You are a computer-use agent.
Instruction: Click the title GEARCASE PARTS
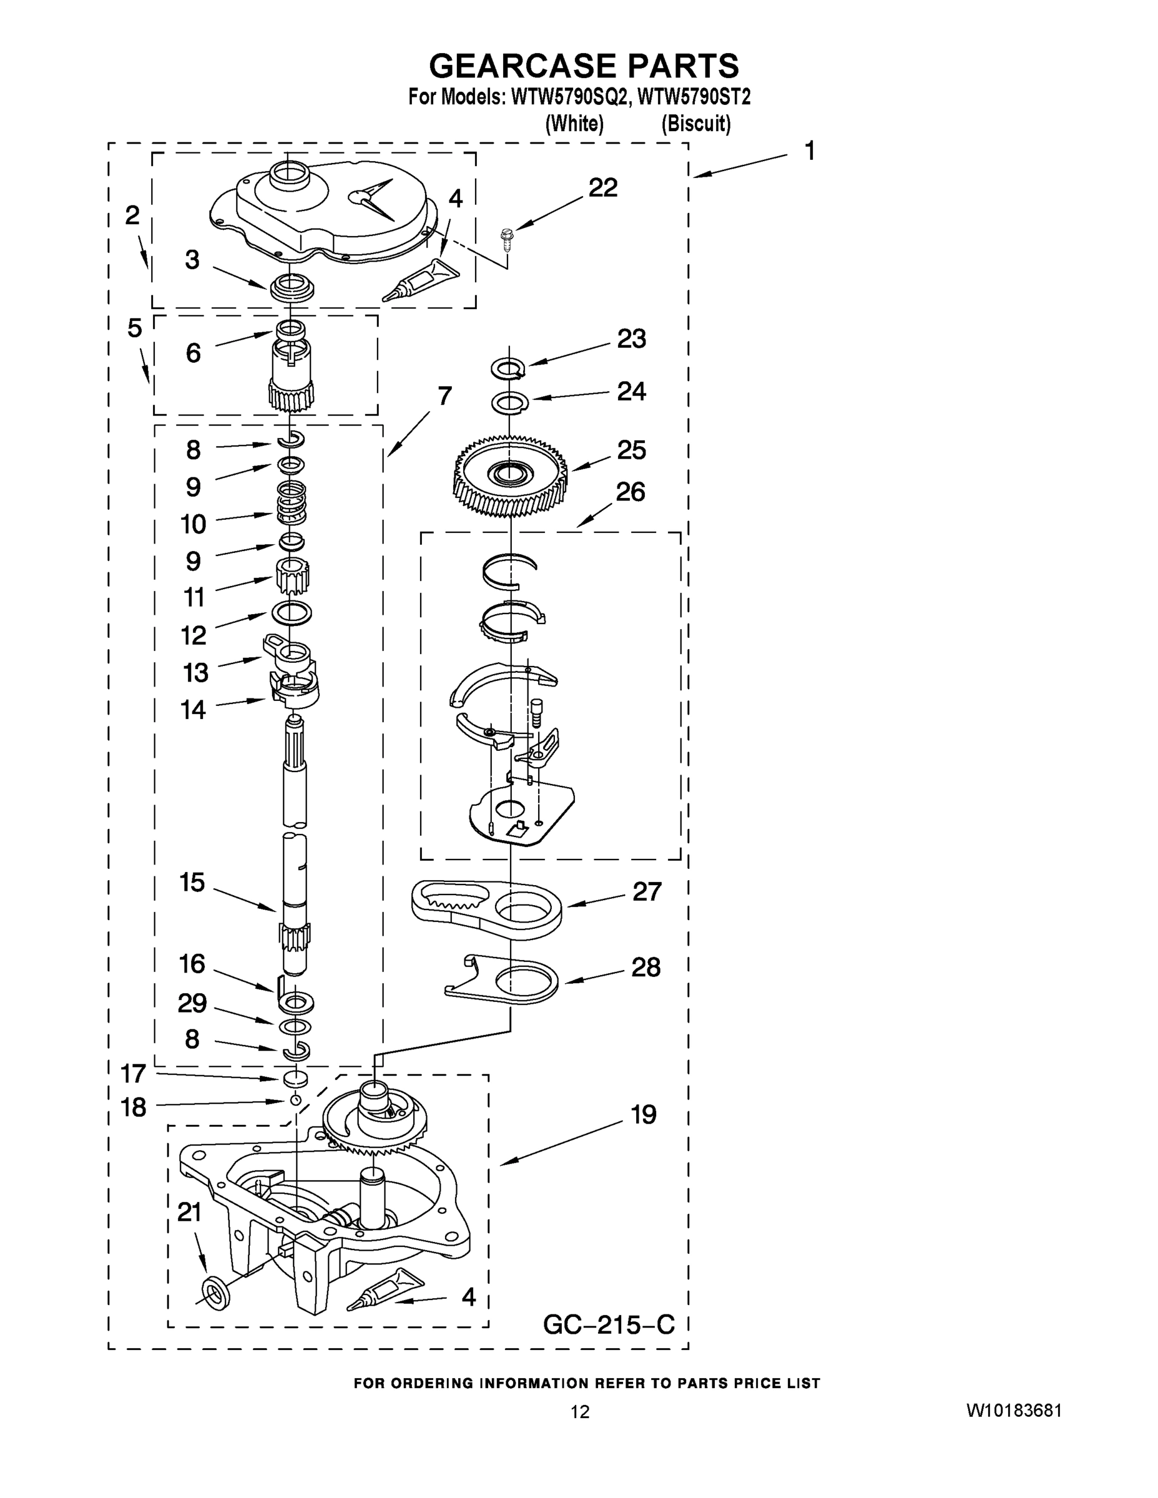pyautogui.click(x=584, y=66)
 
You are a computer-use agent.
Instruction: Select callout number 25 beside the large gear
pyautogui.click(x=631, y=450)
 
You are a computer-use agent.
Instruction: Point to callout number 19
pyautogui.click(x=643, y=1115)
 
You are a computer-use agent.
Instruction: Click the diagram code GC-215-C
pyautogui.click(x=609, y=1324)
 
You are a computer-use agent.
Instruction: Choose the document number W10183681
pyautogui.click(x=1014, y=1411)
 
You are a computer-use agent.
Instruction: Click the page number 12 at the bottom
pyautogui.click(x=580, y=1412)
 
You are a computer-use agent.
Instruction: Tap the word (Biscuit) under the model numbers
pyautogui.click(x=695, y=124)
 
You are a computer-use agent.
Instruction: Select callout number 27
pyautogui.click(x=646, y=892)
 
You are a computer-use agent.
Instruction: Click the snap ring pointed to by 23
pyautogui.click(x=508, y=369)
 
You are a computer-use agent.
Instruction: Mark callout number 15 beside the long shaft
pyautogui.click(x=192, y=882)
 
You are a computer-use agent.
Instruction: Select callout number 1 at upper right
pyautogui.click(x=810, y=151)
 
